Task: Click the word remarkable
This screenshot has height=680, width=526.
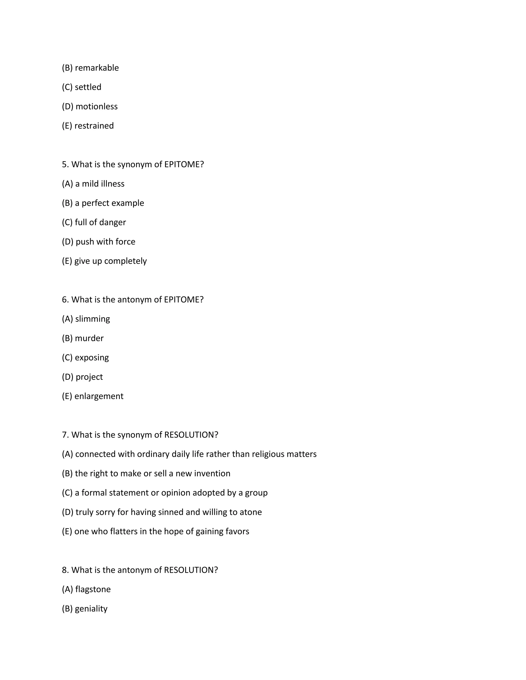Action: (x=97, y=68)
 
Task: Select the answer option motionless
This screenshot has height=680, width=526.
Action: (x=96, y=106)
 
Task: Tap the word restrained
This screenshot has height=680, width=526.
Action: (x=94, y=126)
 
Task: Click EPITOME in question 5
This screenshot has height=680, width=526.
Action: (x=184, y=164)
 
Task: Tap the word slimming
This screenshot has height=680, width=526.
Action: (x=92, y=319)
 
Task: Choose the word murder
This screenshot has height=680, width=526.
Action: (x=89, y=338)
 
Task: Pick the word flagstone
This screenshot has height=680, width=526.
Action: (x=93, y=589)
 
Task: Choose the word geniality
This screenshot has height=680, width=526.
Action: (x=91, y=608)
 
